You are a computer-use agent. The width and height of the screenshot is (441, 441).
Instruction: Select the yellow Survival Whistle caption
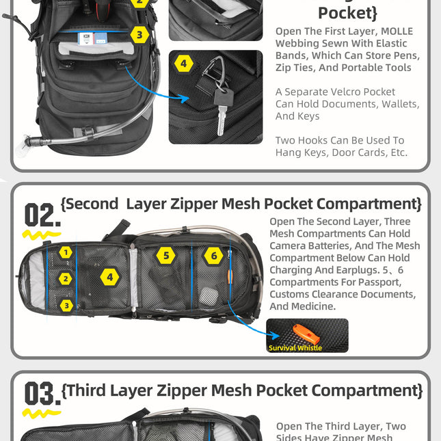(x=295, y=348)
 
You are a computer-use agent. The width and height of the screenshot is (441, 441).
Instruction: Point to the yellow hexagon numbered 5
(x=165, y=256)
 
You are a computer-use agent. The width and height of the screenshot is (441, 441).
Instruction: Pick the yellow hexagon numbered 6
(x=213, y=256)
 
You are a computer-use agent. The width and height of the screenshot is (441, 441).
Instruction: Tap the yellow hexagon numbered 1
(x=65, y=252)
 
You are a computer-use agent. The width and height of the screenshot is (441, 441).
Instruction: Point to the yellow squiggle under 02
(x=41, y=235)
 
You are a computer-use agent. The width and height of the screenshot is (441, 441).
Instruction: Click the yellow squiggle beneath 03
(x=41, y=414)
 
